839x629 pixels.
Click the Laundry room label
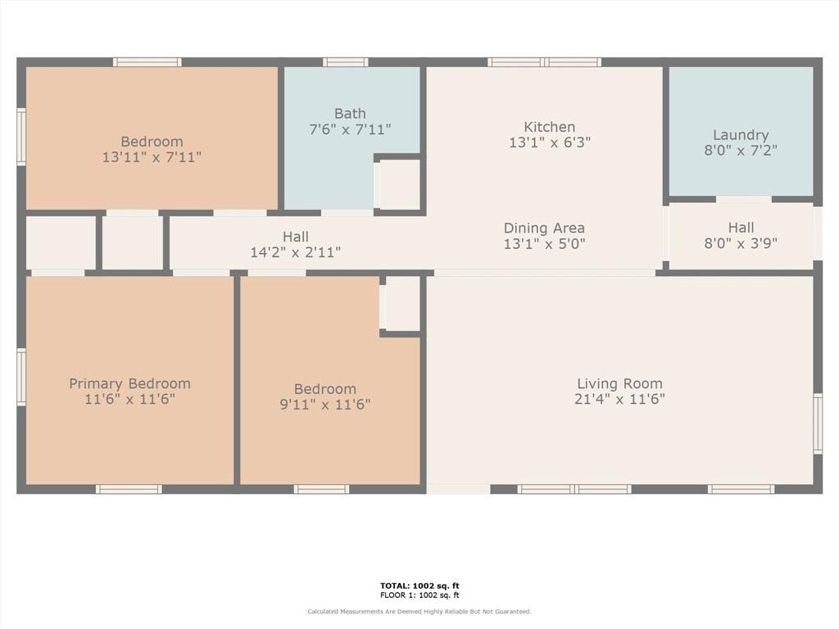click(741, 135)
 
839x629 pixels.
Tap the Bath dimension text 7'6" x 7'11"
click(350, 129)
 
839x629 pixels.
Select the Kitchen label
click(550, 127)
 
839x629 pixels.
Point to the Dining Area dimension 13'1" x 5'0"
click(544, 244)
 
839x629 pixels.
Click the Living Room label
click(619, 383)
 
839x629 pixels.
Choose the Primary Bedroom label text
click(130, 383)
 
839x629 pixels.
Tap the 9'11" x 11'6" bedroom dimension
click(324, 405)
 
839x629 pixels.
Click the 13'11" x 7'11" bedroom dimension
click(152, 157)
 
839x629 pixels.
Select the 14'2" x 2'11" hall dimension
click(295, 252)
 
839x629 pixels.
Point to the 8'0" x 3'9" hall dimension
click(741, 243)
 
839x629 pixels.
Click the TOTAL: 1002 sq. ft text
click(419, 586)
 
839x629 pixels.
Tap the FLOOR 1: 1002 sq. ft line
click(419, 595)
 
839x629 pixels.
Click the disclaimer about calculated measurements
click(419, 611)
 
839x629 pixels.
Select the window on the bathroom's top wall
click(345, 62)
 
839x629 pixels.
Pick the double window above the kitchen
click(544, 62)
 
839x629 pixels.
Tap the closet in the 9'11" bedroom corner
click(402, 303)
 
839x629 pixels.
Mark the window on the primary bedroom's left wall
click(21, 377)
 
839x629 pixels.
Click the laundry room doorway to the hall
click(744, 200)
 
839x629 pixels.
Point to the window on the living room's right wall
click(818, 423)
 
